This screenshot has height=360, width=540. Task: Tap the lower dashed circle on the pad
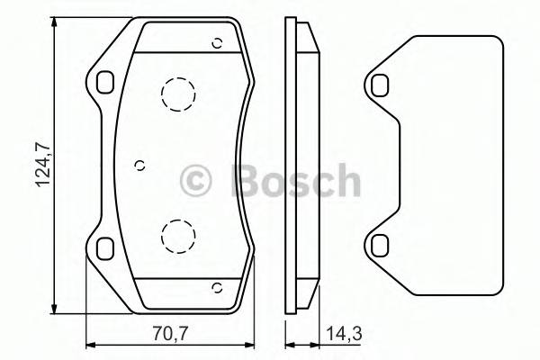pos(177,236)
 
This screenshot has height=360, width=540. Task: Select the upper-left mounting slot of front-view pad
pos(105,82)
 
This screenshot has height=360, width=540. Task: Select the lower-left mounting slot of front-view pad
pos(105,246)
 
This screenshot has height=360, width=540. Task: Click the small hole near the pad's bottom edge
pos(216,287)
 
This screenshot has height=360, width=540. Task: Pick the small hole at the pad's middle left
pos(139,164)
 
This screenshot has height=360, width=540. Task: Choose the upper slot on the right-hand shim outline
pos(380,85)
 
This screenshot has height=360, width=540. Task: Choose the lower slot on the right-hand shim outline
pos(380,243)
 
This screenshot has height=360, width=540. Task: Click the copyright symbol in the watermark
pos(196,181)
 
